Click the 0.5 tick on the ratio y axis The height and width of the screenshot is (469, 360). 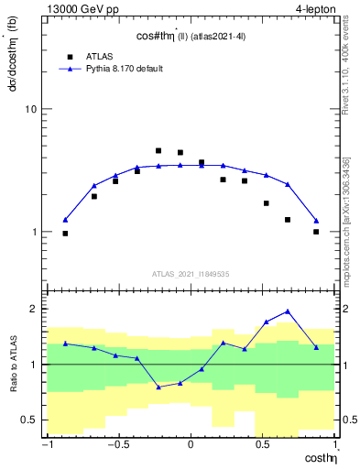(27, 420)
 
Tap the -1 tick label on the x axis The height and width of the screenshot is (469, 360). (46, 446)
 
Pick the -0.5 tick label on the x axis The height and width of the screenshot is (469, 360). (116, 446)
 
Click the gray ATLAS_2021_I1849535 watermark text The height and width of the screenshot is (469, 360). (190, 273)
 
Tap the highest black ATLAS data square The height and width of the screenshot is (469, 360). (158, 150)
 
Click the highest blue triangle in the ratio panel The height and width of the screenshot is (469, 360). (288, 311)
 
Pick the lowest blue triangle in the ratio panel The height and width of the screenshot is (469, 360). (158, 387)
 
